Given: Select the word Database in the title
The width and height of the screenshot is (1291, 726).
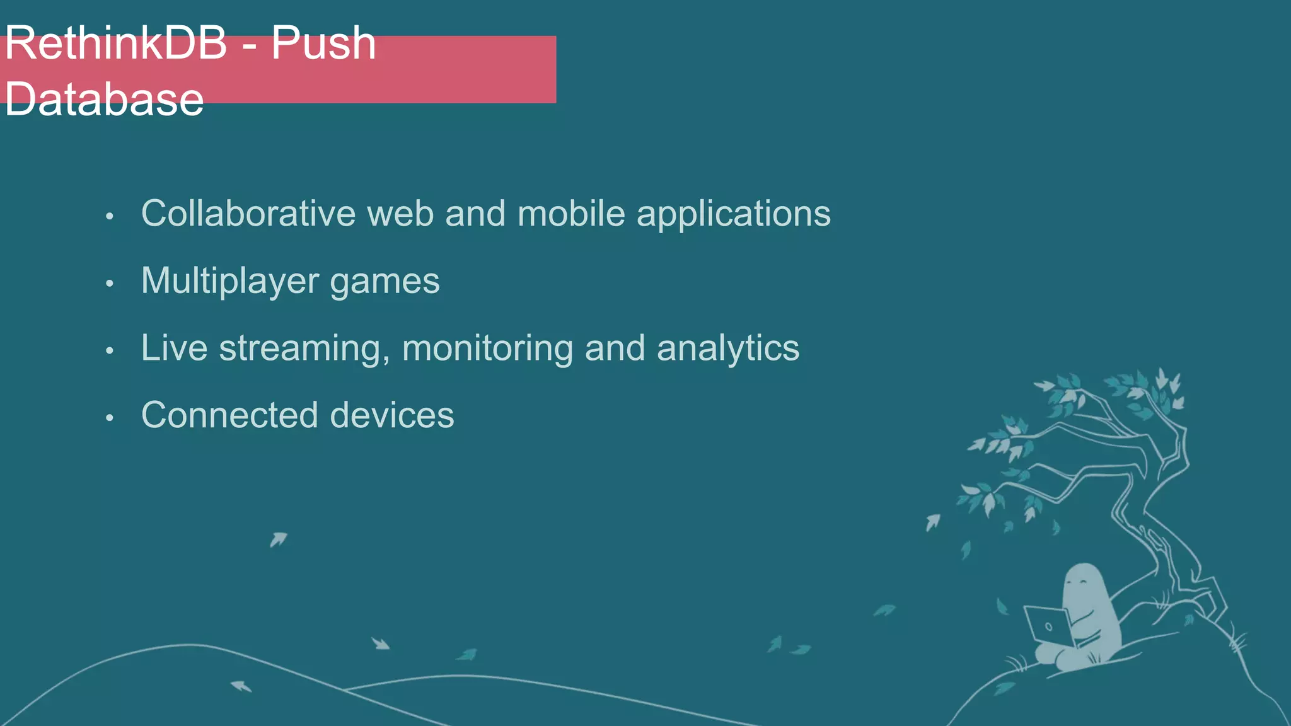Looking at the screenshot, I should coord(104,99).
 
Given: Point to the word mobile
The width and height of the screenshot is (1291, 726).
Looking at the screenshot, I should coord(571,213).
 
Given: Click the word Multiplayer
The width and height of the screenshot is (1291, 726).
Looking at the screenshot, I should coord(230,281).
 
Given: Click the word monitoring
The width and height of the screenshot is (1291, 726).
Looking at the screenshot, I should coord(487,349).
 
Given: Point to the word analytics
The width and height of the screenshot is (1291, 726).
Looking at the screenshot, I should coord(728,349).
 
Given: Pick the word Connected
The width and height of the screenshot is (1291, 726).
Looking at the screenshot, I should coord(229,415).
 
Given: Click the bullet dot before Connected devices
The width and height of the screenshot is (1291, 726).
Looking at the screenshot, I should coord(110,418).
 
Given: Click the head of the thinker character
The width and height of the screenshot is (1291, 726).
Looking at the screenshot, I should coord(1084,583).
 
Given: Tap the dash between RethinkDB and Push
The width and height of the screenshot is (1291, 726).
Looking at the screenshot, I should coord(250,45).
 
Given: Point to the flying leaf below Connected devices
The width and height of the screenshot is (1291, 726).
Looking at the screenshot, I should coord(278,539).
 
